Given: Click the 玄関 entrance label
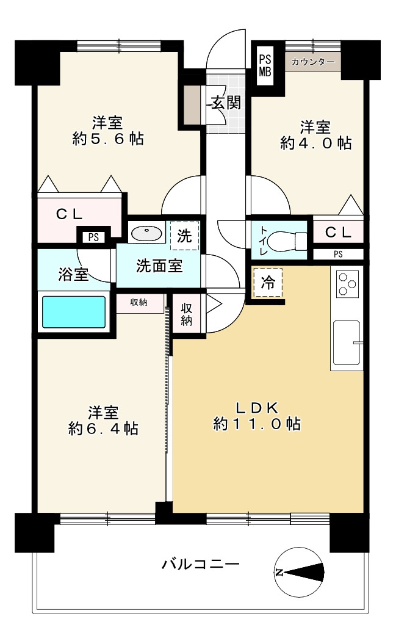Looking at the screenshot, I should [225, 103].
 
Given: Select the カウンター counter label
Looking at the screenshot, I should [312, 62].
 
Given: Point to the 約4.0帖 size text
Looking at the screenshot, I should [315, 143].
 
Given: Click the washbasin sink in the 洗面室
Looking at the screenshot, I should [146, 234].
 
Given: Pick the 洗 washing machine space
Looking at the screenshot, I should [184, 236].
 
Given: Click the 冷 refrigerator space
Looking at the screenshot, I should [267, 283].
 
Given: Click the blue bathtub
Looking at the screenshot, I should [74, 312].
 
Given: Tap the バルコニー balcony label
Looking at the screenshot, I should [200, 563].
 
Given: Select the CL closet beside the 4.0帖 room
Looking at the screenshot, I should [337, 232].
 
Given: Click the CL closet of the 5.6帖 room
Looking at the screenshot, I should [70, 214].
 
